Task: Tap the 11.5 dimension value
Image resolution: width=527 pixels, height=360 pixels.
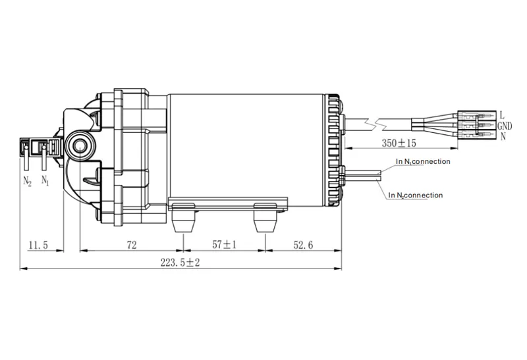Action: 39,245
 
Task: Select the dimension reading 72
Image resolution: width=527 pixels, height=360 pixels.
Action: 131,245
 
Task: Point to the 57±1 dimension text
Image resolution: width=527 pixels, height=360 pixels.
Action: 224,245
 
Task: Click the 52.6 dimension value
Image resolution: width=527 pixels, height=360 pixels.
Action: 303,245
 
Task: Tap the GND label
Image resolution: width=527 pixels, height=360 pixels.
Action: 505,126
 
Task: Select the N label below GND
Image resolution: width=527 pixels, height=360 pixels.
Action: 503,136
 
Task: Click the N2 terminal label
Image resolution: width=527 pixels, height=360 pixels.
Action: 27,181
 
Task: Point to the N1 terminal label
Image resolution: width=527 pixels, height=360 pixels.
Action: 45,180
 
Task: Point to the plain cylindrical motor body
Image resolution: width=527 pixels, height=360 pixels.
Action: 247,145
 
